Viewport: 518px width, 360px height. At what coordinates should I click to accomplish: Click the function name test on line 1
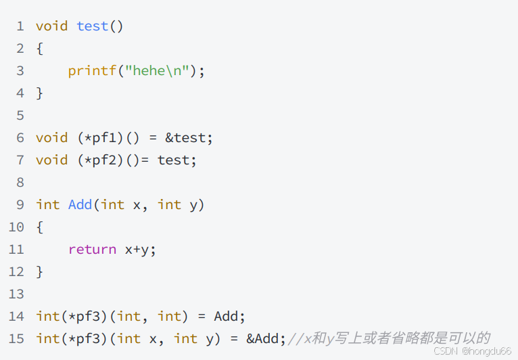93,26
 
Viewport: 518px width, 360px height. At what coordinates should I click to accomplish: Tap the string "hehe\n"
157,71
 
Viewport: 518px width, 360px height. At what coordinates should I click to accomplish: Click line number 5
20,115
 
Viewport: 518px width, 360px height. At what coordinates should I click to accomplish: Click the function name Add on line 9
80,204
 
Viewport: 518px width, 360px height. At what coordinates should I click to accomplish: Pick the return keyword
92,250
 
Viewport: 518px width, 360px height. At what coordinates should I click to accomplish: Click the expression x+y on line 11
140,250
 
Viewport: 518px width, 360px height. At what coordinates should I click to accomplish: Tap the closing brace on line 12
40,271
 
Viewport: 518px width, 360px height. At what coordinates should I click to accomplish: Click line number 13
16,294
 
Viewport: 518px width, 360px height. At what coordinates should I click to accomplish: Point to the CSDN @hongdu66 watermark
472,352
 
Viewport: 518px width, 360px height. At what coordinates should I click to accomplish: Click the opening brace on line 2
40,49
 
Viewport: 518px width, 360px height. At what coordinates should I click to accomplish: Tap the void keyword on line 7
52,160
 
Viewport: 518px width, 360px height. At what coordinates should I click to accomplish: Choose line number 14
16,316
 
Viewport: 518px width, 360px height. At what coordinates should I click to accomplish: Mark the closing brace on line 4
40,93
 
